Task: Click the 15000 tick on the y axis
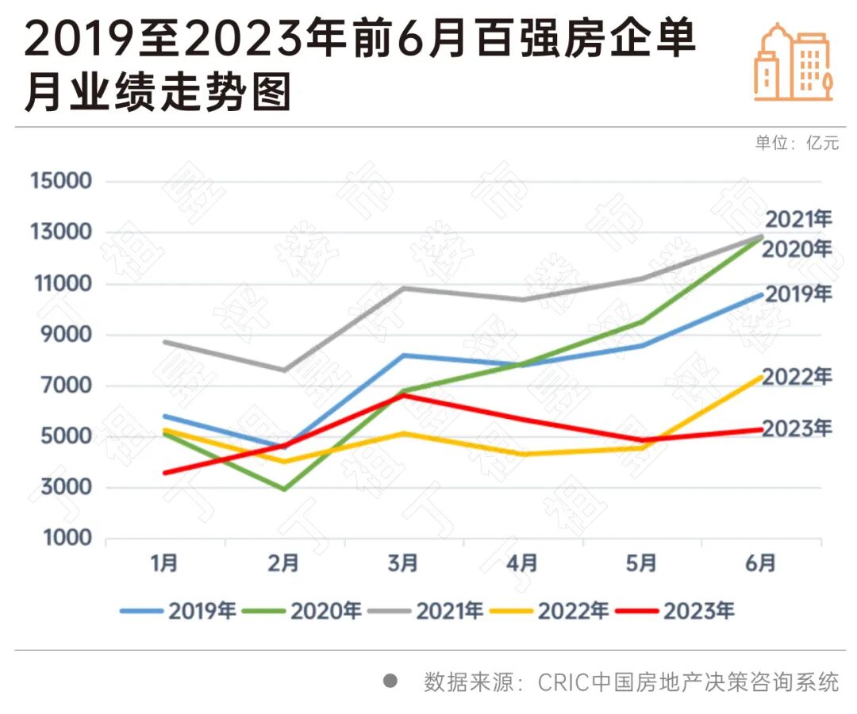(x=60, y=181)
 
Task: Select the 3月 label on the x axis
(x=402, y=564)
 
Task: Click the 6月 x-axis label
(x=760, y=564)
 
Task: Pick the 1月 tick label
(x=164, y=564)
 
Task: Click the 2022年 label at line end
(x=797, y=377)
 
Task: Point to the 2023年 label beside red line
(x=797, y=429)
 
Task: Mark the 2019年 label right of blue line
(x=797, y=294)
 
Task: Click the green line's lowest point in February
(x=283, y=489)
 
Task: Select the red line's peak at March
(x=404, y=394)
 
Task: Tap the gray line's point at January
(x=164, y=342)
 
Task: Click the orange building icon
(x=793, y=62)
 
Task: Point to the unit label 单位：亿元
(x=796, y=144)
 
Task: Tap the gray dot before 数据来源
(x=390, y=681)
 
